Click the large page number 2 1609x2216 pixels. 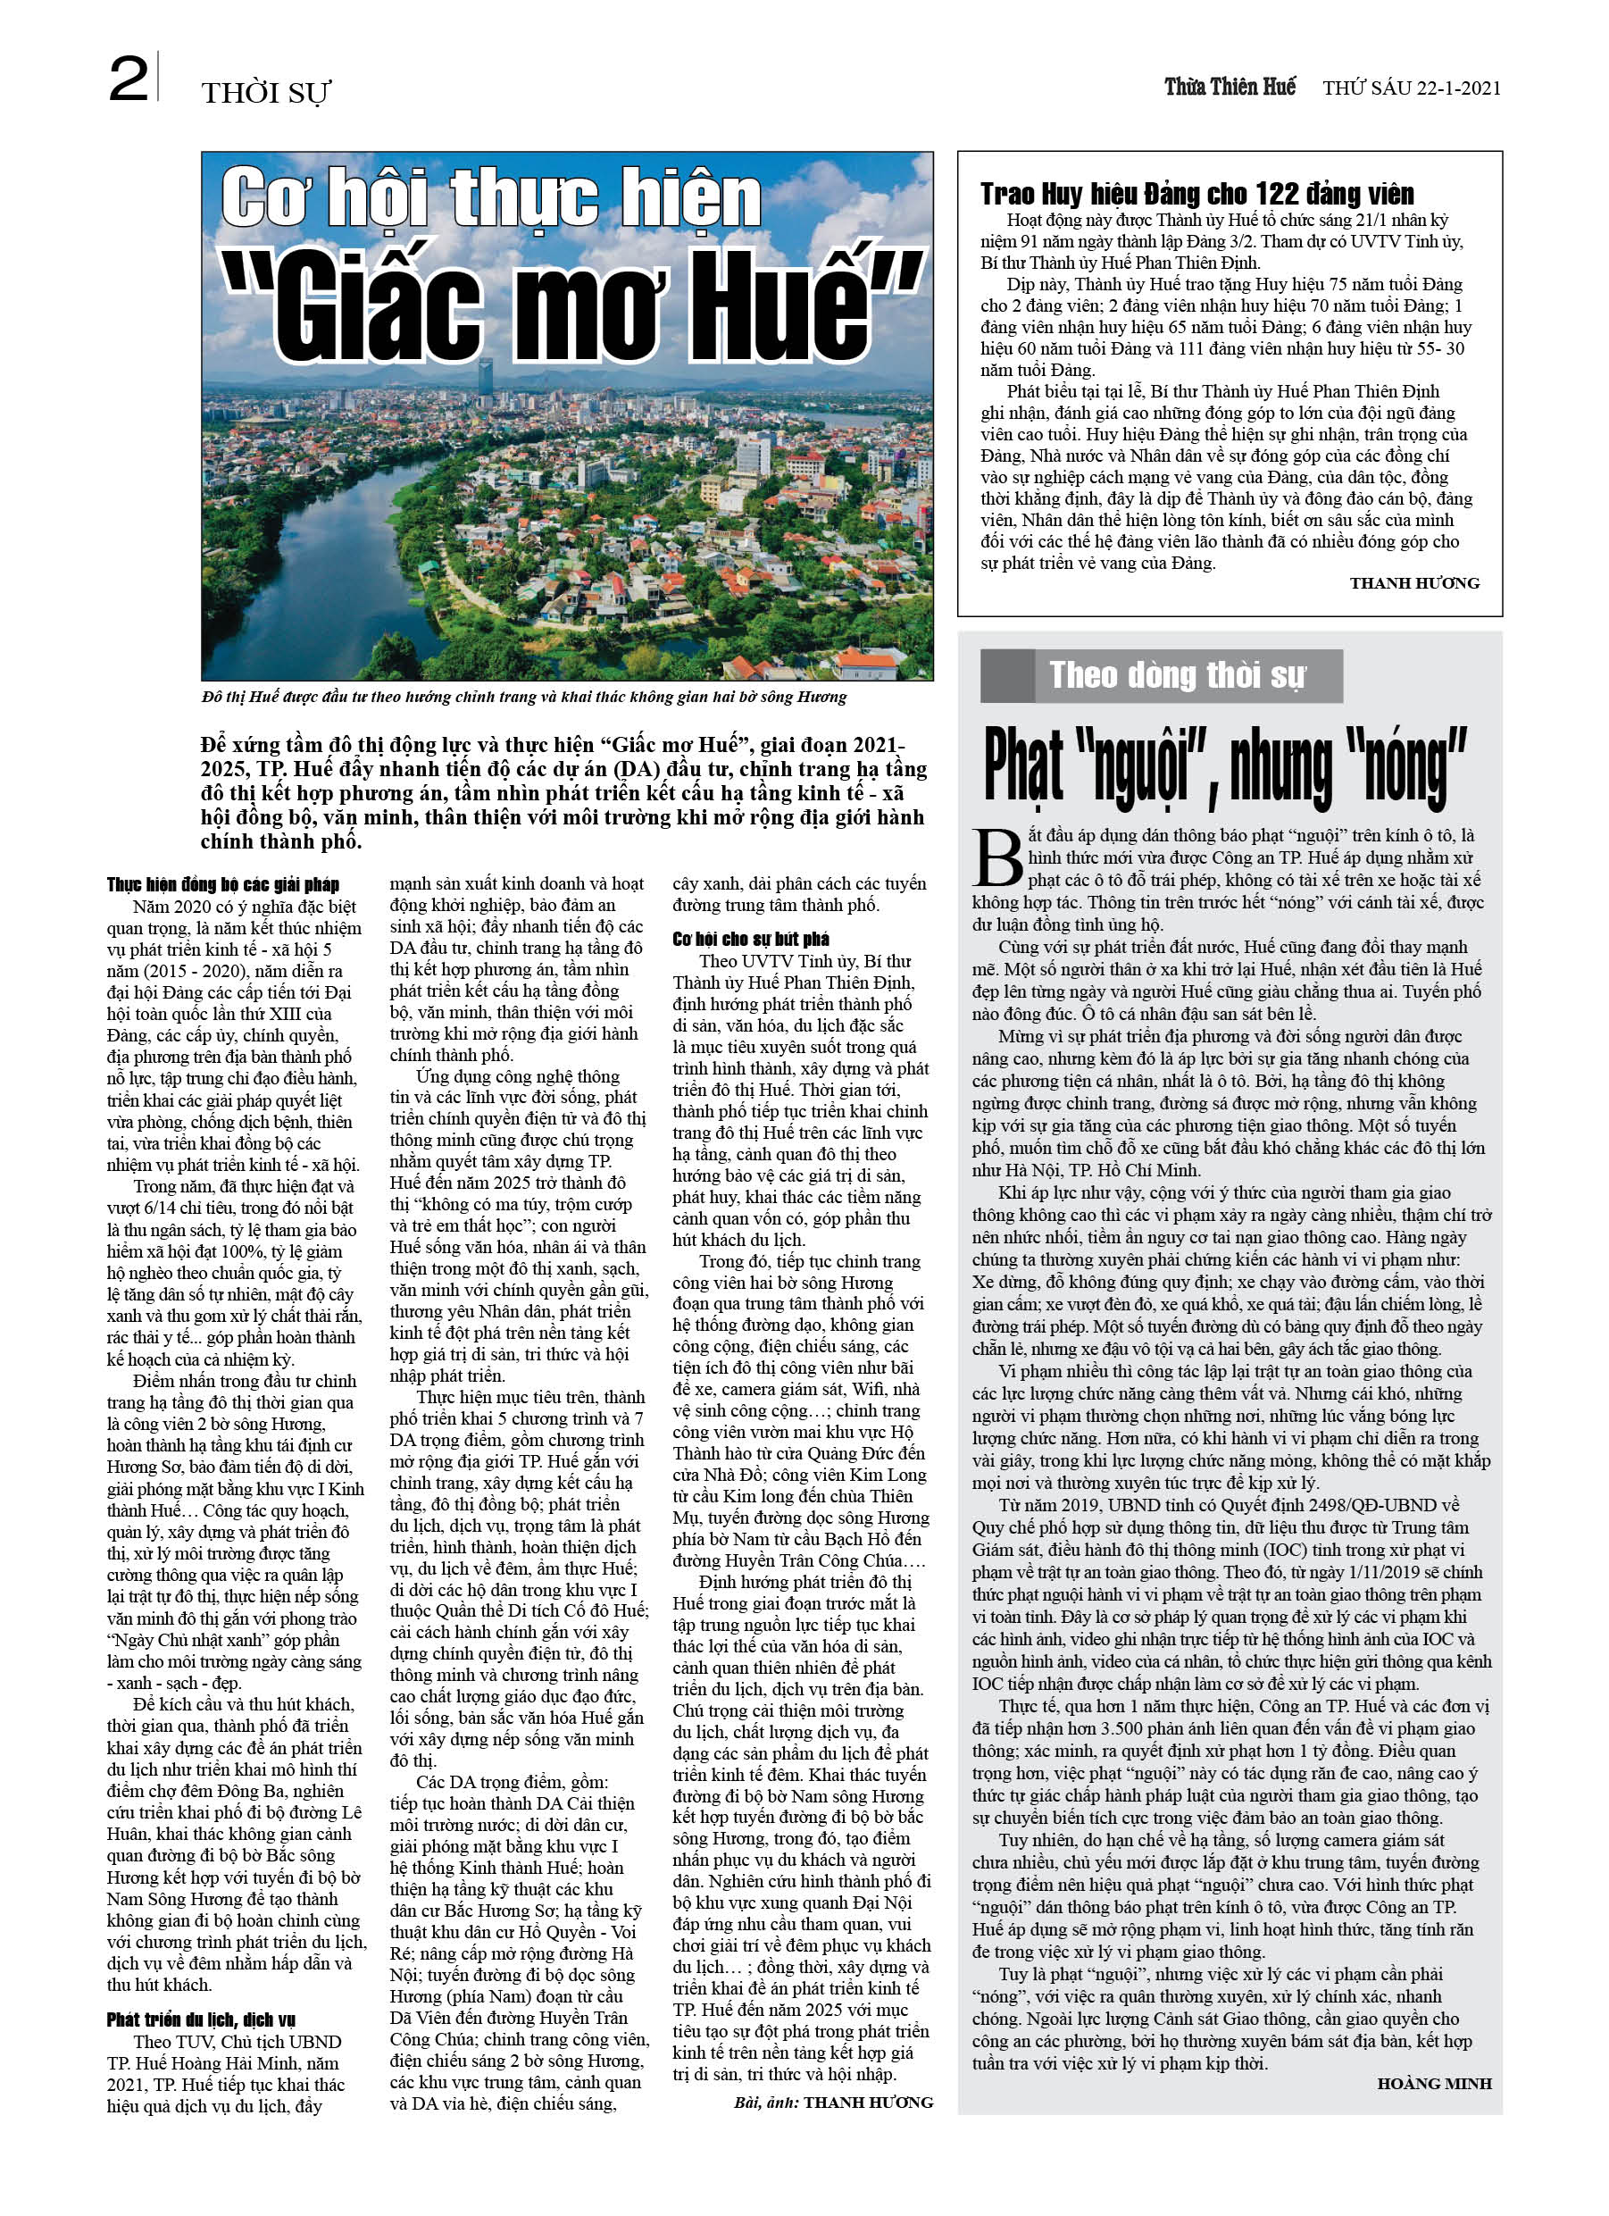point(128,80)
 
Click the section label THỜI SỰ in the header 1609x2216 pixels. point(266,93)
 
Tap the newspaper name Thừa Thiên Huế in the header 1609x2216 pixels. point(1229,87)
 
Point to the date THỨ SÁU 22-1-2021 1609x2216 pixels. point(1411,88)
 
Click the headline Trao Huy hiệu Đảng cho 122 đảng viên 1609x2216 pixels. point(1196,194)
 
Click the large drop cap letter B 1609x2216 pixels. point(998,857)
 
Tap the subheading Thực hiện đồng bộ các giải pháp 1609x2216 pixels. point(222,884)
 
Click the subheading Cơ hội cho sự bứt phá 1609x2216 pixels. point(750,939)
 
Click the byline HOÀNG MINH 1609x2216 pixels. point(1433,2084)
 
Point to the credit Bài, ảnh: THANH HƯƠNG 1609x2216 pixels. point(832,2102)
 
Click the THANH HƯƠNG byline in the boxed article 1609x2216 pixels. point(1413,583)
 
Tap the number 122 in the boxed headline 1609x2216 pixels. point(1289,194)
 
